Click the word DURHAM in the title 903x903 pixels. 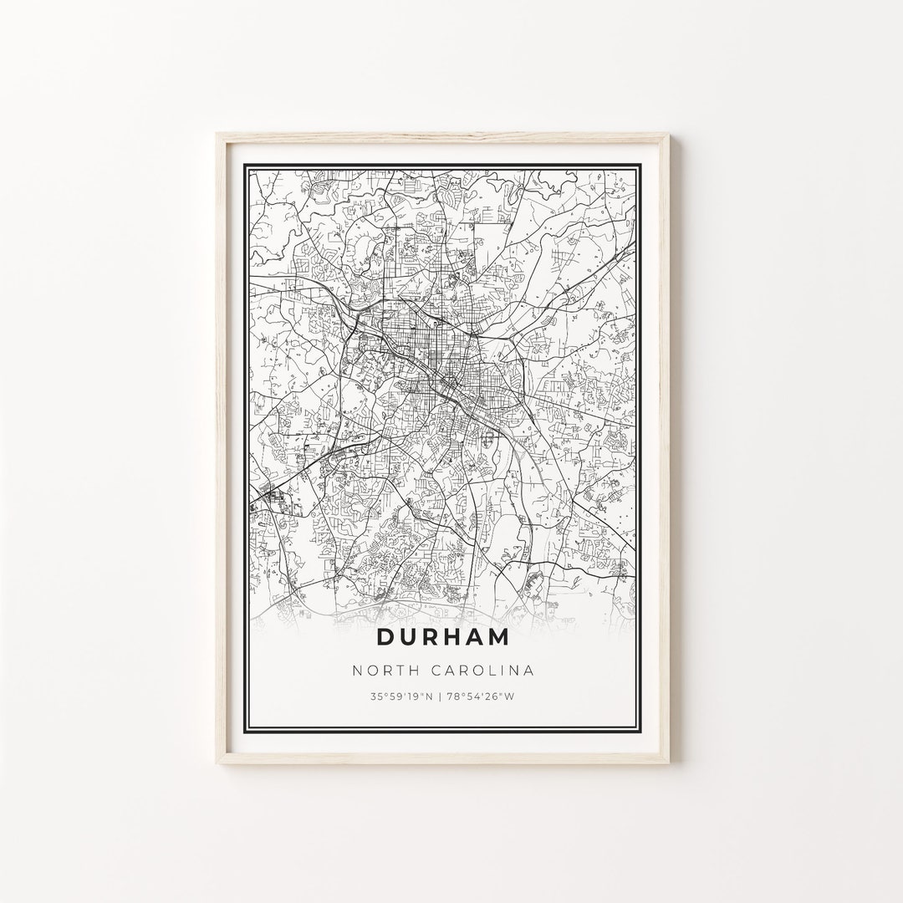(x=442, y=636)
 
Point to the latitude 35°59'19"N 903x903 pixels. (x=403, y=696)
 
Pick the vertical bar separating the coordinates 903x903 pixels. (x=443, y=696)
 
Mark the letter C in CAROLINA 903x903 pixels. (x=439, y=670)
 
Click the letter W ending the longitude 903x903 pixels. (x=509, y=696)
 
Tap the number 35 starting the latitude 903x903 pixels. (x=376, y=696)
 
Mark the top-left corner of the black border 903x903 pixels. (x=244, y=165)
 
